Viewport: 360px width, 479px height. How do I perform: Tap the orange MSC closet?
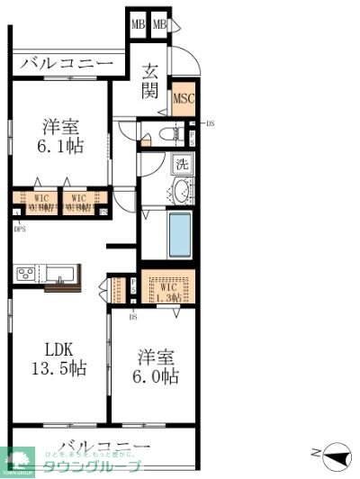184,99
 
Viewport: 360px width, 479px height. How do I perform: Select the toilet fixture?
167,134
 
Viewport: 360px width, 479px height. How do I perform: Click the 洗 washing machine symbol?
181,165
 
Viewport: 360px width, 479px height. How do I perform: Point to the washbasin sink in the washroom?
182,191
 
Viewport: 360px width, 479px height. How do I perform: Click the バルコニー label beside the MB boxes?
66,63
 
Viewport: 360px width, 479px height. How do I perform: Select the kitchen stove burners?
23,273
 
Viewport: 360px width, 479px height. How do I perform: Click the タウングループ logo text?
98,466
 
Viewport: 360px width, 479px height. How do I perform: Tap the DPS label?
20,229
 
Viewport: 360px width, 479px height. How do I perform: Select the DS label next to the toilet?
211,124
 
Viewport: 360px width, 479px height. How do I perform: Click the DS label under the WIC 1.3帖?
132,316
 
